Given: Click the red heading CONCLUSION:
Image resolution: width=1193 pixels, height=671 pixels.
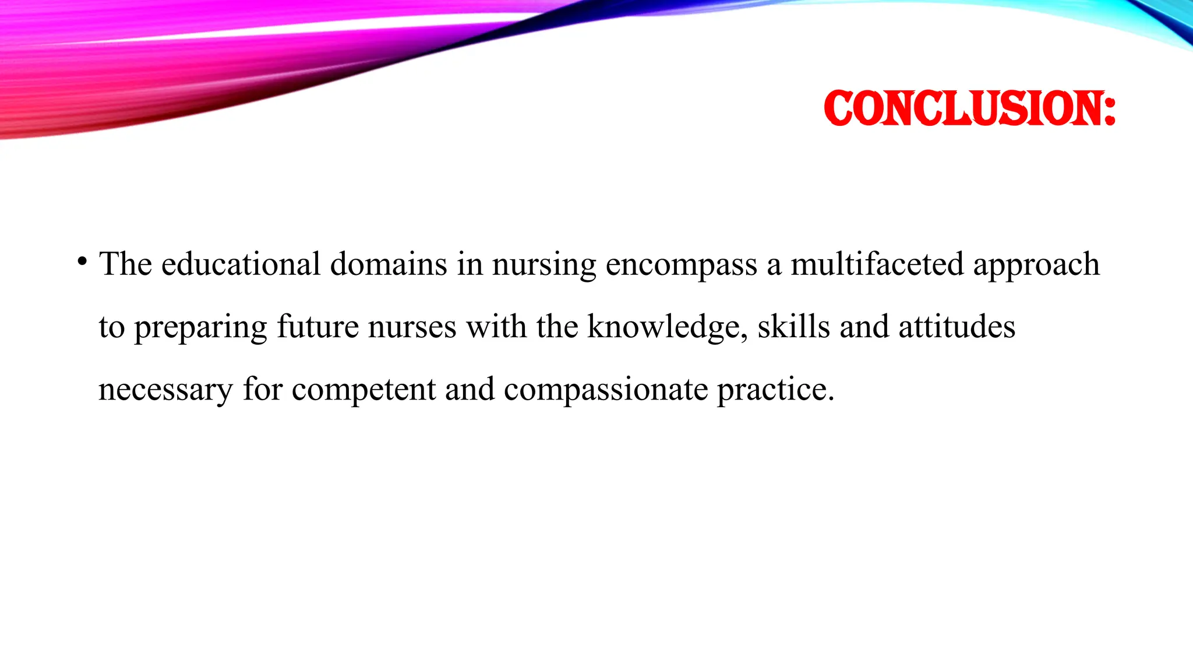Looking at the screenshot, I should tap(969, 108).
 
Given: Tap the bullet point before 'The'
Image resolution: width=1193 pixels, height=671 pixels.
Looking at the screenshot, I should tap(82, 260).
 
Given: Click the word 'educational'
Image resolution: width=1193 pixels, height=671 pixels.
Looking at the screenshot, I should tap(241, 264).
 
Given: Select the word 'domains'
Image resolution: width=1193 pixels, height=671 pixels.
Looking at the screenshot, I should tap(389, 264).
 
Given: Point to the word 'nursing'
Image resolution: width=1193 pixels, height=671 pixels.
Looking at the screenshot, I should tap(544, 265).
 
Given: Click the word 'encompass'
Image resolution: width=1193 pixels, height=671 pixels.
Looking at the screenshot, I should tap(681, 265).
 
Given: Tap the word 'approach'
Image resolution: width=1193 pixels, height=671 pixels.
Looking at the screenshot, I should tap(1036, 265).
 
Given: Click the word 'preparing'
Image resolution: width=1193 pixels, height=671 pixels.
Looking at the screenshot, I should tap(200, 327).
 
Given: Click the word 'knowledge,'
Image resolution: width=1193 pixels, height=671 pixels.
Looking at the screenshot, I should tap(668, 327).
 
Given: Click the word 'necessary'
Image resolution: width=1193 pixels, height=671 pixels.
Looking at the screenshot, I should tap(165, 390).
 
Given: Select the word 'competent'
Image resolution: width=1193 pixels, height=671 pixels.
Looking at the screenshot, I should tap(363, 390).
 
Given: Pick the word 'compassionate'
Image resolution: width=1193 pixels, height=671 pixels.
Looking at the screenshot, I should tap(606, 390).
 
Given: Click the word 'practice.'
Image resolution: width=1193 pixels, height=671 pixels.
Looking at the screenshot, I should tap(775, 390).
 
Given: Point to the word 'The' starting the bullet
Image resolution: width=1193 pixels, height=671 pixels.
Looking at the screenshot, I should tap(125, 264).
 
